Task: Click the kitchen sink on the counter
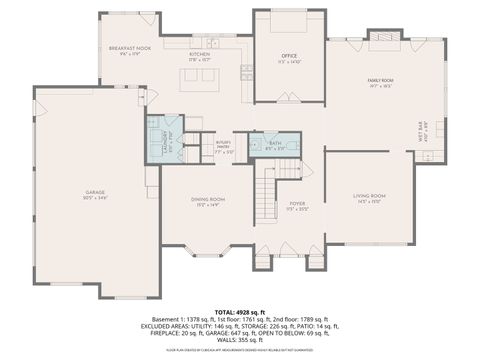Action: (x=212, y=42)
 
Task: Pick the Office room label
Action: (x=290, y=57)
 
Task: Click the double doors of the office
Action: (x=290, y=99)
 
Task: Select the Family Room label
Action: (x=381, y=82)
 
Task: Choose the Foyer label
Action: (x=297, y=205)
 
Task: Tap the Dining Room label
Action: (x=208, y=202)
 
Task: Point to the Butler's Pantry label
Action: (x=225, y=147)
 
